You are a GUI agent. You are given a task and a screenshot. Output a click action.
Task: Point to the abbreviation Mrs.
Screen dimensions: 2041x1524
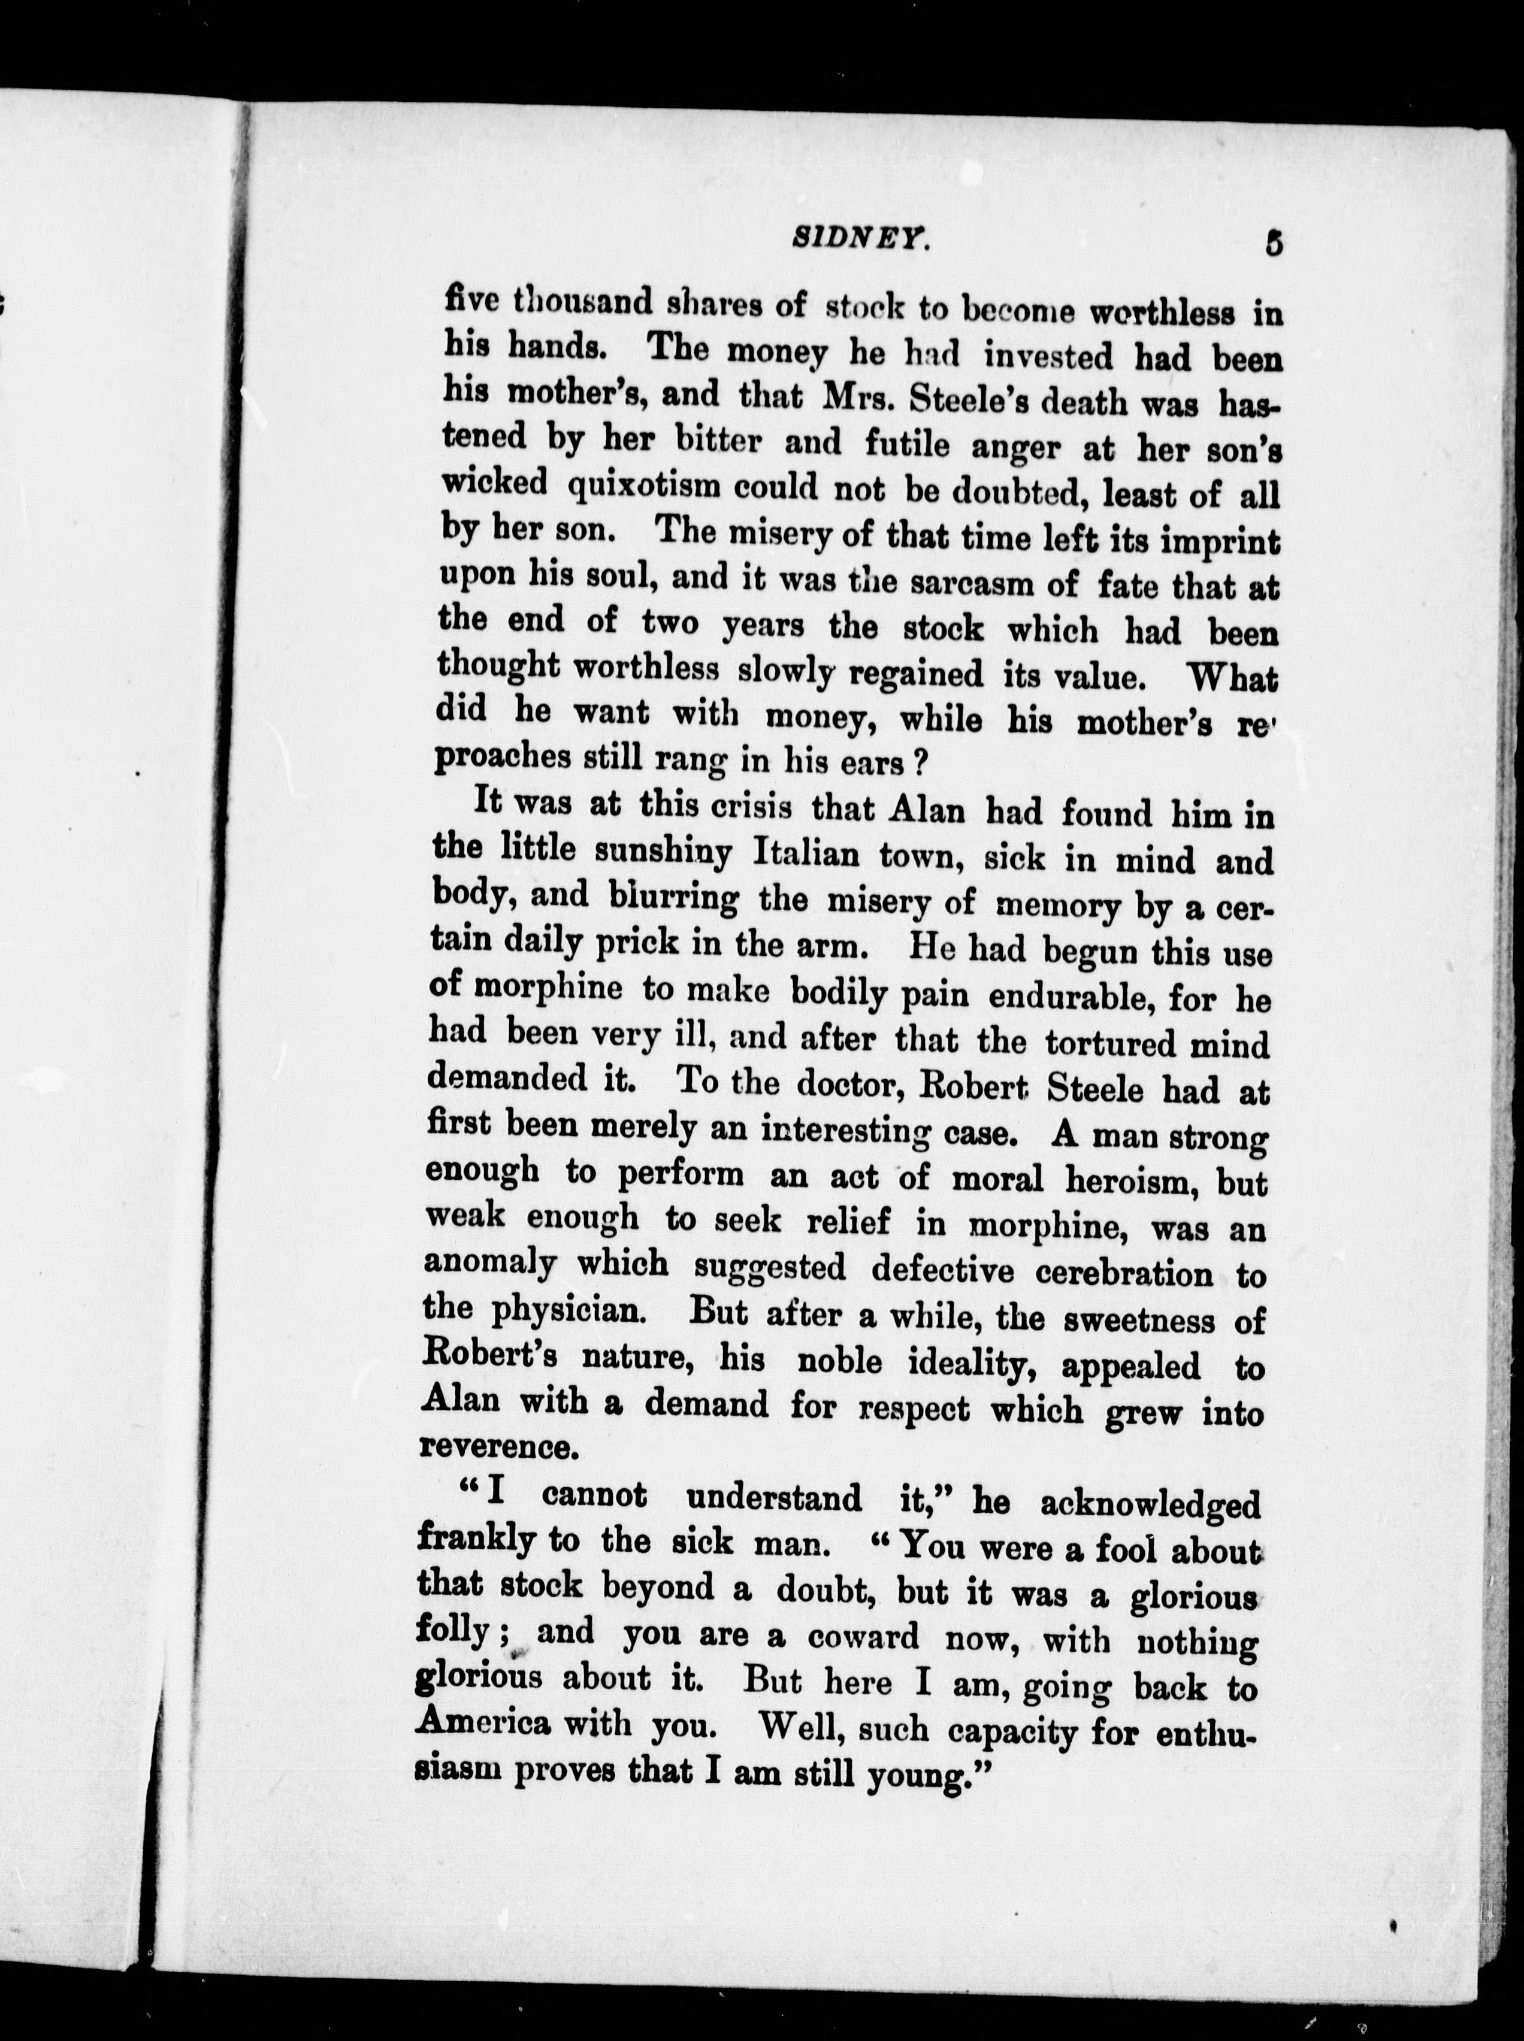(844, 398)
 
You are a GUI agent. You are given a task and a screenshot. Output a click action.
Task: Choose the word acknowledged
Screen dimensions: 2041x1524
(1150, 1505)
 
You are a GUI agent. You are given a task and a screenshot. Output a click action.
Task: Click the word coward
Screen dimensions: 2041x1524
(863, 1637)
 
